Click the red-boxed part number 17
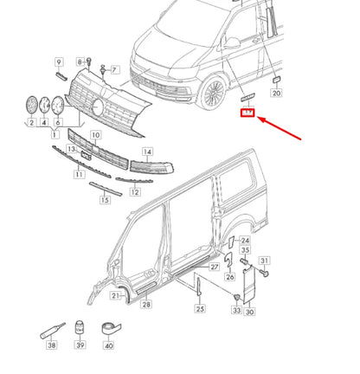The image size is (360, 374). pos(247,113)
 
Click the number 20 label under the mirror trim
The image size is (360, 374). pos(276,92)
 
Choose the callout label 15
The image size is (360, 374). pos(105,200)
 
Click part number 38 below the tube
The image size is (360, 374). pos(52,345)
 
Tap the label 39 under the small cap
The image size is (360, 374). pos(80,345)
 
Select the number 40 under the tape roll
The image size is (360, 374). pos(108,345)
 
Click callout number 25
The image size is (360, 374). pos(200,308)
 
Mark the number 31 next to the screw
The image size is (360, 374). pos(265,261)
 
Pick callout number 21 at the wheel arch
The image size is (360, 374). pos(115,295)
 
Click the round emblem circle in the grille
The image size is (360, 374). pos(99,106)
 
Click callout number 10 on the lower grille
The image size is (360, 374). pos(95,136)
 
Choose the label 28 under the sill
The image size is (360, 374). pos(145,304)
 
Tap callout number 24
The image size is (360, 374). pos(245,241)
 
